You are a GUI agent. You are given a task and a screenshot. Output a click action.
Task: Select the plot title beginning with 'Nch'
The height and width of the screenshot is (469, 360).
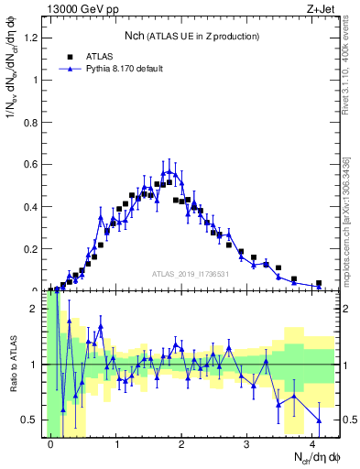pos(192,36)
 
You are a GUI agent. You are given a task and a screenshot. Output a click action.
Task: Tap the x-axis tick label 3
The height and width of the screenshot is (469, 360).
pos(247,444)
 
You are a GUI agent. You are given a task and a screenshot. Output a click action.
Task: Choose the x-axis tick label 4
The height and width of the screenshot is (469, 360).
pos(313,444)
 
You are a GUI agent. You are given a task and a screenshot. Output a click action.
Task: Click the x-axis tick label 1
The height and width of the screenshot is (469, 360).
pos(116,444)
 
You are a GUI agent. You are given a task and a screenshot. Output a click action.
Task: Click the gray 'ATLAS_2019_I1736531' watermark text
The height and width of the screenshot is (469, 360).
pos(191,273)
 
